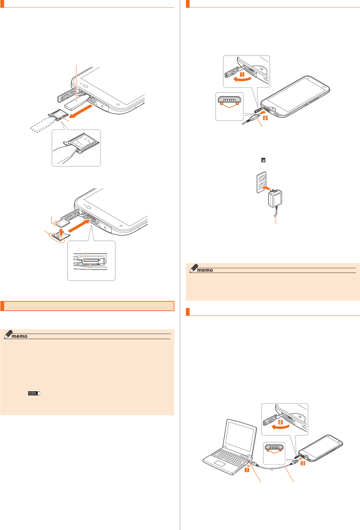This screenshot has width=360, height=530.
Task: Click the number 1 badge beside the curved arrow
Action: click(242, 74)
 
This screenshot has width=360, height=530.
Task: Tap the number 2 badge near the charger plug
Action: click(265, 118)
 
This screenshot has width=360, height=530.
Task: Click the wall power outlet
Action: click(261, 182)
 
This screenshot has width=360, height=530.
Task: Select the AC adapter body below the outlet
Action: click(275, 198)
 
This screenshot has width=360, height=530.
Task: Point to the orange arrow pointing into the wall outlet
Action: click(267, 188)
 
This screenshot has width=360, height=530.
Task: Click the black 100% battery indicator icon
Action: click(34, 393)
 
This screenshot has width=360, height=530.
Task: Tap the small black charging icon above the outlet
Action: click(263, 160)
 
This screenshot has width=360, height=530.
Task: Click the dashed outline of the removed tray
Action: click(41, 125)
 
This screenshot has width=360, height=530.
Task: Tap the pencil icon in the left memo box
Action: click(8, 334)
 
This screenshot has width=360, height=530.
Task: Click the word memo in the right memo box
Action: click(205, 270)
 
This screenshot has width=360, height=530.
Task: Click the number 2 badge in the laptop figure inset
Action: click(280, 422)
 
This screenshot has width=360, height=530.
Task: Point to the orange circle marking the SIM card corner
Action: click(56, 223)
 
